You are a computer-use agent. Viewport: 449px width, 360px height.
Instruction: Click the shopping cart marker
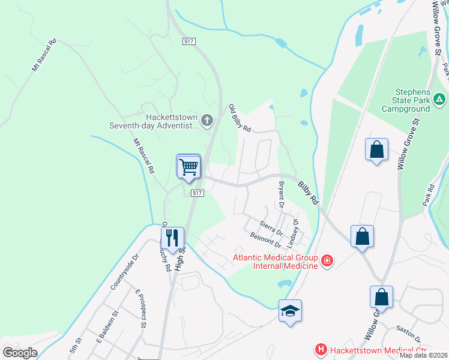(x=189, y=166)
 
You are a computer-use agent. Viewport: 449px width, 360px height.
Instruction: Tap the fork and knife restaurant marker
(x=172, y=237)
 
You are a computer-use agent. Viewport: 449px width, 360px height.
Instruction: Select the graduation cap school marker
(x=290, y=311)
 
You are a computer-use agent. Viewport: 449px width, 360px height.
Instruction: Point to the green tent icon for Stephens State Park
(x=439, y=98)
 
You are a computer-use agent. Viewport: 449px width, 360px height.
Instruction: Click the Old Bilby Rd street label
(x=240, y=118)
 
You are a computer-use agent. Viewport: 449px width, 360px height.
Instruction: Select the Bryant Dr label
(x=280, y=194)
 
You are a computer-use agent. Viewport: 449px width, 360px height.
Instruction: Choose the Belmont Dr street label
(x=265, y=241)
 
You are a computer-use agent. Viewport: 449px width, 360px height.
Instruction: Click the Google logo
(x=19, y=352)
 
